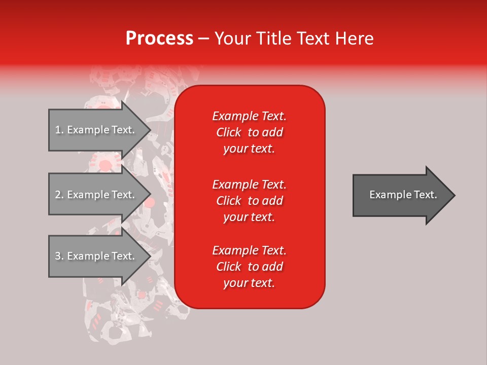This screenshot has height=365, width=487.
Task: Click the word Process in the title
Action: click(160, 39)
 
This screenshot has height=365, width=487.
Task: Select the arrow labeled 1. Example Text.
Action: click(100, 130)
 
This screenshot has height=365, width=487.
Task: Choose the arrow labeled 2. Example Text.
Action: click(100, 194)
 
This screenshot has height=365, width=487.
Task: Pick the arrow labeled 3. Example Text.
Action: click(100, 255)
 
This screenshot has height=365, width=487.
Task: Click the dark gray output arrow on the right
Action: click(404, 195)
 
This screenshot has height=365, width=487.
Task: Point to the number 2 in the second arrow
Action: click(58, 195)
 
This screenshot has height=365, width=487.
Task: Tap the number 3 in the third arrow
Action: click(58, 256)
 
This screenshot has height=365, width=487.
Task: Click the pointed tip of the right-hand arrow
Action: click(455, 195)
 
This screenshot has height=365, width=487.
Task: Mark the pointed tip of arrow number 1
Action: click(151, 130)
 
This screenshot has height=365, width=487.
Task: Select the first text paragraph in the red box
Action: click(249, 132)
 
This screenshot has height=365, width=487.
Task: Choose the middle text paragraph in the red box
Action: click(249, 201)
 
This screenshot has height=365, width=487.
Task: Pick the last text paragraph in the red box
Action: click(249, 267)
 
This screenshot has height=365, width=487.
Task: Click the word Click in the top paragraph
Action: click(229, 132)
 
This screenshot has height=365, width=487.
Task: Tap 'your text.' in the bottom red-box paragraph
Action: click(249, 283)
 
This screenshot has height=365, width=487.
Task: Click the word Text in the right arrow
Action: click(426, 195)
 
